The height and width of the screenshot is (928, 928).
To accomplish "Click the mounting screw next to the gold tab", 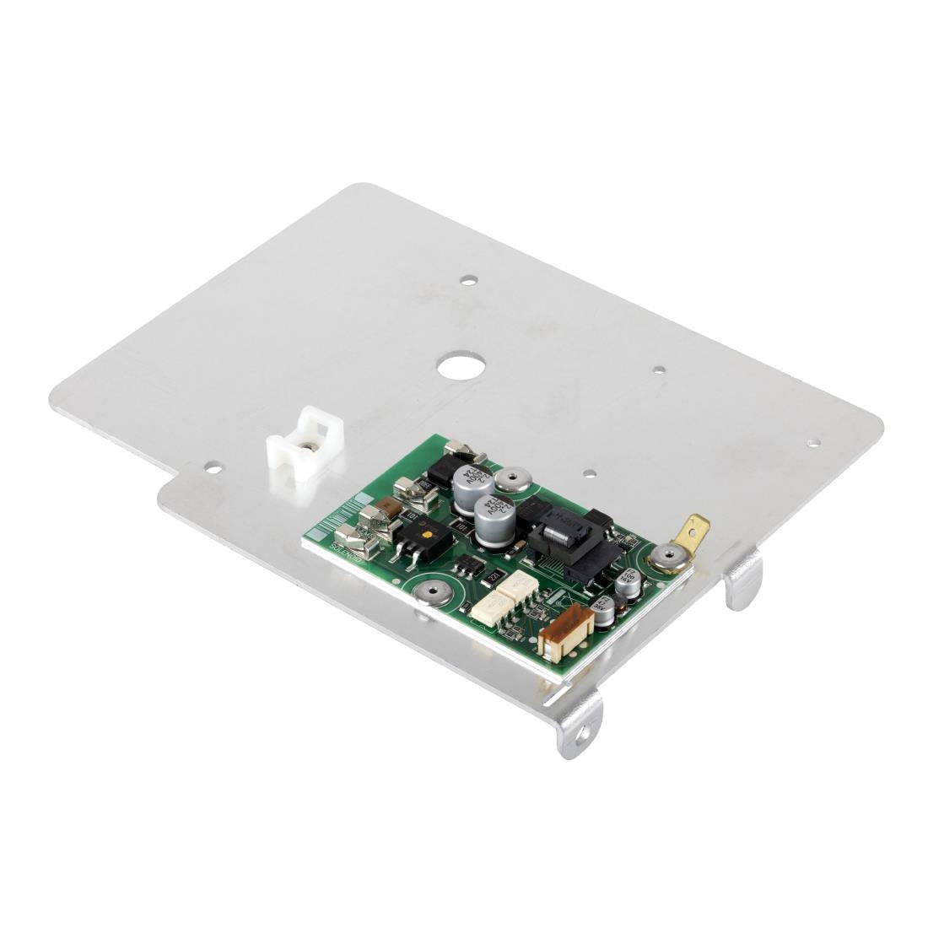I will (x=667, y=555).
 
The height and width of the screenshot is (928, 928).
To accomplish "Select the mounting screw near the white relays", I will (x=432, y=592).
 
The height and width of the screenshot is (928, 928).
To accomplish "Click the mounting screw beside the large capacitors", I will (x=511, y=481).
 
